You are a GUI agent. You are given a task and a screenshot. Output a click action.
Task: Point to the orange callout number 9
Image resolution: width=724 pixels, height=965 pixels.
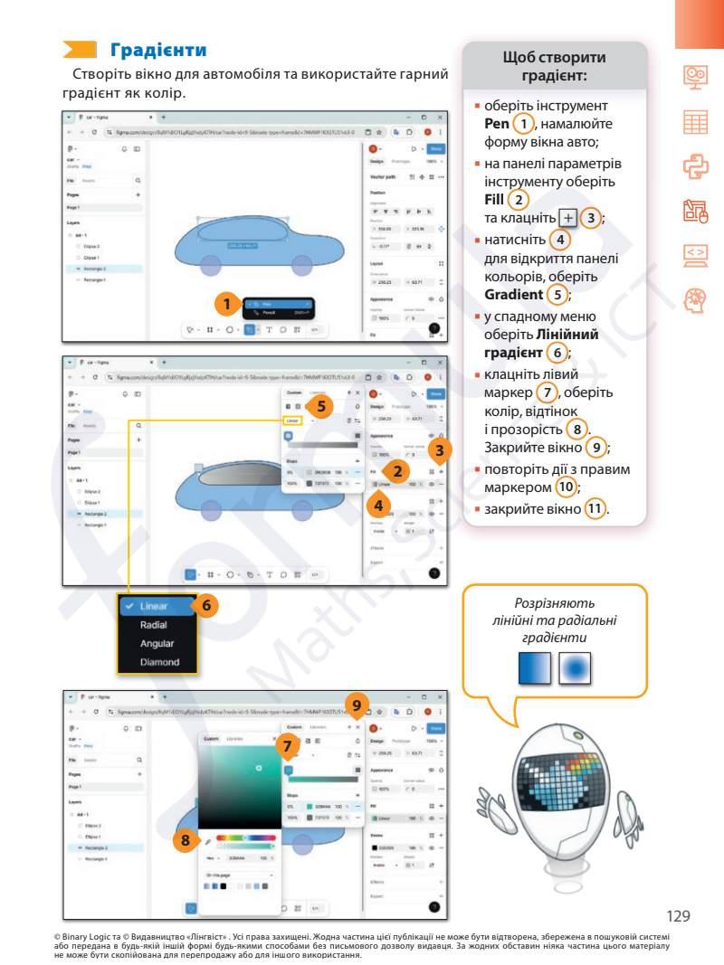(357, 704)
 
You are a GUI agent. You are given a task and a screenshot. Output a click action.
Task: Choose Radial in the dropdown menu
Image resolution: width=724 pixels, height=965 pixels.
(153, 625)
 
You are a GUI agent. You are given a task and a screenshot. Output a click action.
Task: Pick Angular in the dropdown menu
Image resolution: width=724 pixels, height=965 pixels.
(157, 644)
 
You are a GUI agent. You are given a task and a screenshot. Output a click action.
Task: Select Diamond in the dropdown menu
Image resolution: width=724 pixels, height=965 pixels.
(159, 663)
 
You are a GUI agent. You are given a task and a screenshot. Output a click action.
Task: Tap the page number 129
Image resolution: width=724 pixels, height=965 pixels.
(678, 915)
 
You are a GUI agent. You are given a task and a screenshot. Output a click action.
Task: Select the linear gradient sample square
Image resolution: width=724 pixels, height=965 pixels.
(536, 668)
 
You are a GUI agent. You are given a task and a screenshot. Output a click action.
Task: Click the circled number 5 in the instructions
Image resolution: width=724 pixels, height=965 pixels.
(560, 295)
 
